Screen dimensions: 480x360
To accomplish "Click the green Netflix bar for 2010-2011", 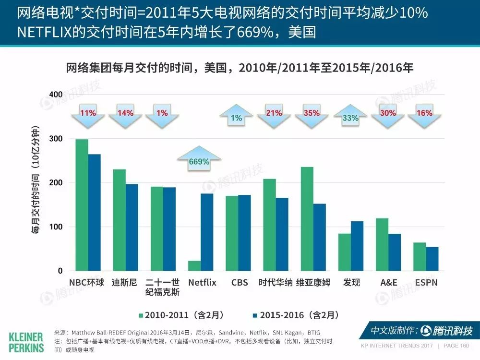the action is point(194,266).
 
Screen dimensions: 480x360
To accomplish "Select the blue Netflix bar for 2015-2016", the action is point(207,232).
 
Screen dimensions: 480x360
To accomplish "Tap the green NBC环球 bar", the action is point(82,205).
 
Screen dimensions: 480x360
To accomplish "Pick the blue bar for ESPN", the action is point(432,259).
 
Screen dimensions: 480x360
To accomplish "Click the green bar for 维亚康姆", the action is point(307,219).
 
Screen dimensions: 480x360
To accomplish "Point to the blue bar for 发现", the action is point(357,246).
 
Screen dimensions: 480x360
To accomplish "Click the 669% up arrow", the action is point(199,158).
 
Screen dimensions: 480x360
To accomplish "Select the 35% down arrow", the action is point(312,116).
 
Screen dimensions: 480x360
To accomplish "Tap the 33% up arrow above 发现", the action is point(350,115).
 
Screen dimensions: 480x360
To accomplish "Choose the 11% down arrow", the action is point(88,116).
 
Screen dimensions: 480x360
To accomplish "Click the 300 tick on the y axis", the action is point(56,139).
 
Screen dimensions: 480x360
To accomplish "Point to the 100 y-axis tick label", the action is point(56,227).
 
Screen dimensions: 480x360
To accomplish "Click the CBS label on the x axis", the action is point(240,282).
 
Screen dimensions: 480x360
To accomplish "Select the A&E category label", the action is point(389,282).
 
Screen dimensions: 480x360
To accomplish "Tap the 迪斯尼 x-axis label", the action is point(124,282).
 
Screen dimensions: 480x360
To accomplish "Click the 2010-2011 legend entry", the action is point(181,315).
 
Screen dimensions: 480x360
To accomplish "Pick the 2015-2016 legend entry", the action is point(296,315).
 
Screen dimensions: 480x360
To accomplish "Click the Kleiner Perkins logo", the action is point(26,343).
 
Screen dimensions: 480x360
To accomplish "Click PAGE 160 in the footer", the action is point(456,346).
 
